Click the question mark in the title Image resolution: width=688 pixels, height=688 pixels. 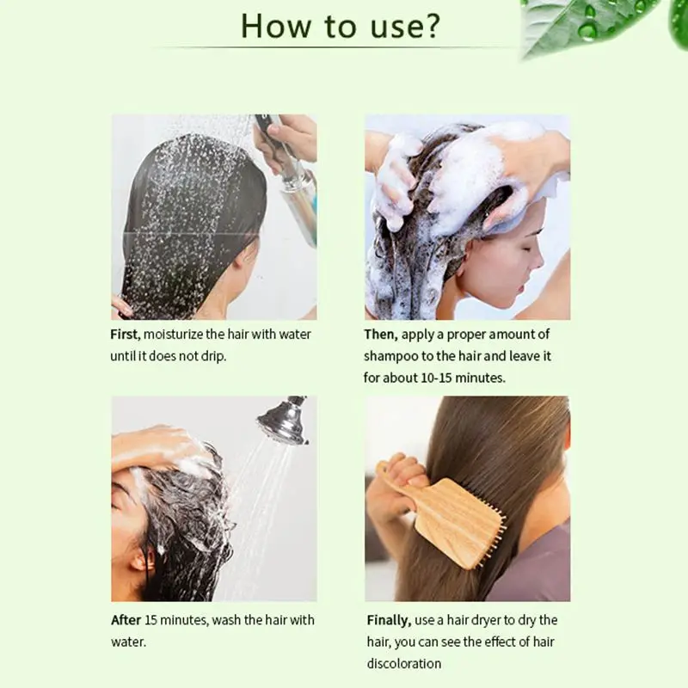click(x=428, y=26)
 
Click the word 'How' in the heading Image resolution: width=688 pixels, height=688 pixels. click(x=275, y=26)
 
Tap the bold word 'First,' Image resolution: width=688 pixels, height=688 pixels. click(x=125, y=335)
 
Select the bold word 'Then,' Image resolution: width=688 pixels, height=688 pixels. click(x=381, y=335)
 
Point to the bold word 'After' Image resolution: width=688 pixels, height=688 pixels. click(x=126, y=620)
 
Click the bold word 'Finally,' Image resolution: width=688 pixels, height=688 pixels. click(x=389, y=620)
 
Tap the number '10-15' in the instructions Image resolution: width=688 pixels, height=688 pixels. click(x=436, y=378)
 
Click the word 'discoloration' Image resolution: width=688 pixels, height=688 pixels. click(x=403, y=663)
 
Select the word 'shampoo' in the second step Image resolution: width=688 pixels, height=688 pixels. click(x=391, y=357)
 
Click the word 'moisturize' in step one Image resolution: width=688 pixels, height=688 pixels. click(x=174, y=335)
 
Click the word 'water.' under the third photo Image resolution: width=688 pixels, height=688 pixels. click(x=128, y=642)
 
